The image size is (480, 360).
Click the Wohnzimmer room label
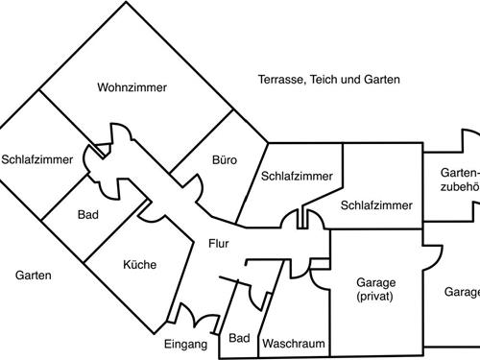pyautogui.click(x=132, y=87)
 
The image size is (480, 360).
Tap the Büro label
pyautogui.click(x=224, y=159)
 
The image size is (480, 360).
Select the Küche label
pyautogui.click(x=139, y=266)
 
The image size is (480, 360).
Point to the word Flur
pyautogui.click(x=218, y=244)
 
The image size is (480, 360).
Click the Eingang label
pyautogui.click(x=185, y=344)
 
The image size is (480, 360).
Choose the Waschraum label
pyautogui.click(x=293, y=344)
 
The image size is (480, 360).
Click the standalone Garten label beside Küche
pyautogui.click(x=34, y=276)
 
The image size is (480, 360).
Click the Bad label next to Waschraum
pyautogui.click(x=240, y=338)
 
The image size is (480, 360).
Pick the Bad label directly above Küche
pyautogui.click(x=88, y=214)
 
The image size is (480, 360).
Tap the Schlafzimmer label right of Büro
pyautogui.click(x=297, y=176)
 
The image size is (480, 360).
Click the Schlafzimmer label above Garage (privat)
pyautogui.click(x=376, y=205)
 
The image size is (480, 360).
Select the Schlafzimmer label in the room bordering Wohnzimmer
pyautogui.click(x=36, y=159)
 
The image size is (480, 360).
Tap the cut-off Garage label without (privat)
pyautogui.click(x=462, y=292)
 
